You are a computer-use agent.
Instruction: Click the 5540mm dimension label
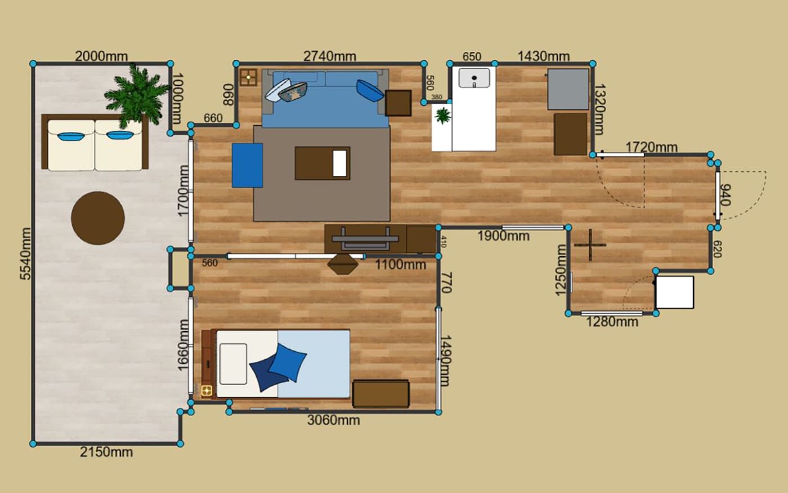pos(25,254)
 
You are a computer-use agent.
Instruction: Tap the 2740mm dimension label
pos(330,56)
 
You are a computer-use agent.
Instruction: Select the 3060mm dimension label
pos(333,420)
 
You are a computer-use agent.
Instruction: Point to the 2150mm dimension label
pos(106,452)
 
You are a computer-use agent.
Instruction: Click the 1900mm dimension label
pos(503,236)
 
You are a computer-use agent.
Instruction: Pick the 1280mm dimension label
pos(612,322)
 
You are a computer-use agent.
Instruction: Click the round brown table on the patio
pos(98,218)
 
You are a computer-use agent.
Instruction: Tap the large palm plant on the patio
pos(136,95)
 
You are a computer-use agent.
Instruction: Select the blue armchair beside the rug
pos(247,165)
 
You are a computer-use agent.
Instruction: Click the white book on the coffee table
pos(339,163)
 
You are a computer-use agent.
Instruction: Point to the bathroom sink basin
pos(474,78)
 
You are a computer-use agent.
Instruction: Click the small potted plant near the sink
pos(442,116)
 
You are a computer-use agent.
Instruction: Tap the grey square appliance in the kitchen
pos(568,89)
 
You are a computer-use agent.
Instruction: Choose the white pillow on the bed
pos(233,364)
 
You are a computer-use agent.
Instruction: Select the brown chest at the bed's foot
pos(380,394)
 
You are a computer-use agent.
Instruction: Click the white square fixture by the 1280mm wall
pos(675,292)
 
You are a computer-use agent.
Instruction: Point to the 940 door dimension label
pos(726,195)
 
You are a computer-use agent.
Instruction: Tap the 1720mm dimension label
pos(652,147)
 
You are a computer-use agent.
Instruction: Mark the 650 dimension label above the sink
pos(472,57)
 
